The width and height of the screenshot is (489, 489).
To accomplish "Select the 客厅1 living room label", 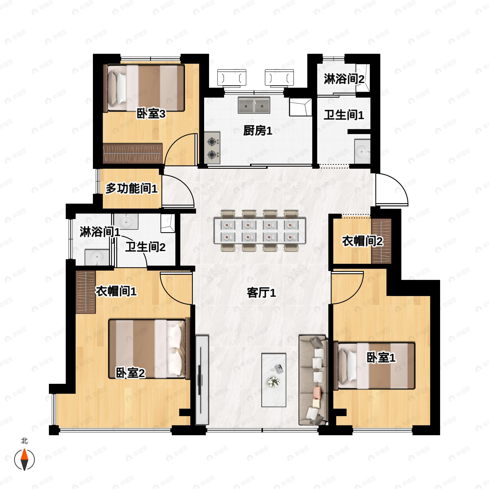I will pyautogui.click(x=261, y=293).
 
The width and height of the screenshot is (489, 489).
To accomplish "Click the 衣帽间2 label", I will pyautogui.click(x=362, y=241).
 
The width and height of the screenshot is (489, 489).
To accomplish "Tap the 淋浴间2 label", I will pyautogui.click(x=344, y=79).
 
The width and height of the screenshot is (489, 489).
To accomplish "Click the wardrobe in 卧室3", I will pyautogui.click(x=133, y=153).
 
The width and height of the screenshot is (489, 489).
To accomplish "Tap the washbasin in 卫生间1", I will pyautogui.click(x=362, y=151).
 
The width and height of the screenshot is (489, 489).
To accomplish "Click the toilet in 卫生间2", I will pyautogui.click(x=167, y=223).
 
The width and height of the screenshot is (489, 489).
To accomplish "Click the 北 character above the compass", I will pyautogui.click(x=24, y=441).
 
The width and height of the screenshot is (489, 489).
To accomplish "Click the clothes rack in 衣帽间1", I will pyautogui.click(x=86, y=292).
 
